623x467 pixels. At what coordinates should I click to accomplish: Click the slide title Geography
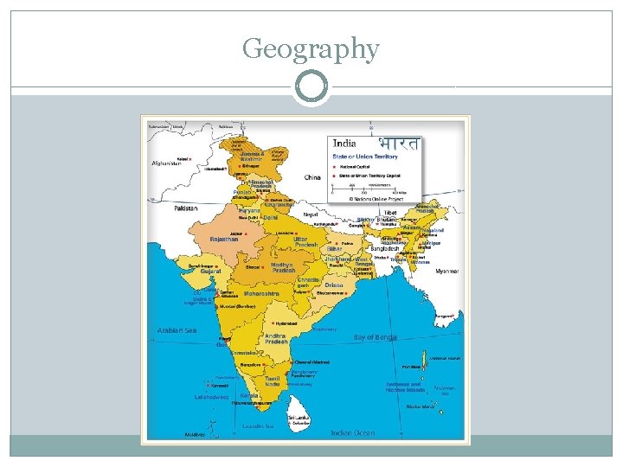pos(311,49)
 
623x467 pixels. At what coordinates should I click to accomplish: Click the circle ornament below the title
pos(311,86)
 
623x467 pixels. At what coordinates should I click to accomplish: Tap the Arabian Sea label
pos(177,329)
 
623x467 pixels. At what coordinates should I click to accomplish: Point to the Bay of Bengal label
pos(376,337)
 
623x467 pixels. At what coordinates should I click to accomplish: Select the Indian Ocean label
pos(353,432)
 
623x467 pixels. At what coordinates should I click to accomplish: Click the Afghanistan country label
pos(166,163)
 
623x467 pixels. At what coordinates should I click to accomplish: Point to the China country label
pos(312,177)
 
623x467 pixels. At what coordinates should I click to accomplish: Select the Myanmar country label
pos(446,271)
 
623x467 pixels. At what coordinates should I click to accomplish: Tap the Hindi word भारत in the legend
pos(398,144)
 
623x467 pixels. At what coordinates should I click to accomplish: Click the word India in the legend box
pos(345,144)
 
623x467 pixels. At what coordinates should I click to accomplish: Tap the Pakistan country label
pos(185,208)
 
